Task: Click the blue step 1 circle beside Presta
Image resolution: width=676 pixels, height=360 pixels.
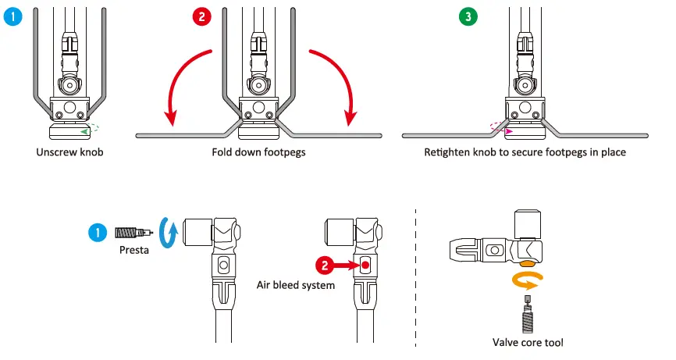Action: [97, 231]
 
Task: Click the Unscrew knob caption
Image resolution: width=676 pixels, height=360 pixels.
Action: [69, 152]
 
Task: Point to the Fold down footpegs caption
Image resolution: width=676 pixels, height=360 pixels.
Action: [258, 152]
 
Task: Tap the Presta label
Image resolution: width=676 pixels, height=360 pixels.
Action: [134, 251]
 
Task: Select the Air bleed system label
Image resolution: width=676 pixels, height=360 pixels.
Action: [296, 285]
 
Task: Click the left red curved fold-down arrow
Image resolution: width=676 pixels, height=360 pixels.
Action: [183, 86]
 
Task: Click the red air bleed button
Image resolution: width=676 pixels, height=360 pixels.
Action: [364, 266]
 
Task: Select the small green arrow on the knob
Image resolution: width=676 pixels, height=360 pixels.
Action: [85, 131]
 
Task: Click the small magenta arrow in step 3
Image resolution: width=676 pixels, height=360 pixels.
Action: [497, 131]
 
